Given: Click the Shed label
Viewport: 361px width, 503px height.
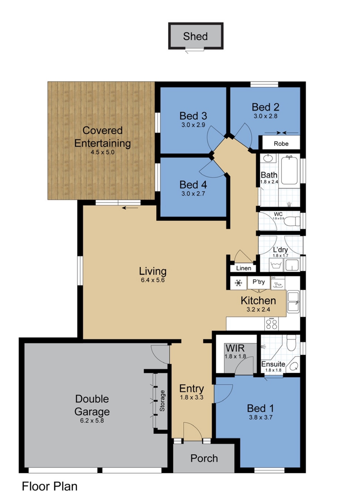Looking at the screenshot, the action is tap(195, 36).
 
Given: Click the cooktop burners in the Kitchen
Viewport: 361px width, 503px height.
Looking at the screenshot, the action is tap(271, 324).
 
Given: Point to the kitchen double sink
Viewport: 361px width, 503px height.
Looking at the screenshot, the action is tap(293, 302).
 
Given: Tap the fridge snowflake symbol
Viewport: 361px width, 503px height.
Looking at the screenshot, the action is tap(238, 283).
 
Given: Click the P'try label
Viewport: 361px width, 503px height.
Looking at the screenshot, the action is tap(259, 281).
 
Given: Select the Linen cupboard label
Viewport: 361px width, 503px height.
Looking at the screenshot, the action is tap(244, 268).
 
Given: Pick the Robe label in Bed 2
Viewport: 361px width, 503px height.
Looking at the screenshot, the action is tap(281, 144).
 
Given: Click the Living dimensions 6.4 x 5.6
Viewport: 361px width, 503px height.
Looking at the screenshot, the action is tap(153, 280).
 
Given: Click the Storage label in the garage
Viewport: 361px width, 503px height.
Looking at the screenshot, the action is tap(162, 401).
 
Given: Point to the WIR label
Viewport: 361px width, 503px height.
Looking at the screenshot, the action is tap(235, 348).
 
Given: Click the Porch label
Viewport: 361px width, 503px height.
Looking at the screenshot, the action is tap(204, 458).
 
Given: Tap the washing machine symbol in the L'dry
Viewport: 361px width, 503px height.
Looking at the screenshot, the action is tap(276, 265).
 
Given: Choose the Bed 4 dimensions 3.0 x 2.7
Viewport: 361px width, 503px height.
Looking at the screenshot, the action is tap(193, 193).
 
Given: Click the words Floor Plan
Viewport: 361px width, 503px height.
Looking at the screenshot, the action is tap(50, 486).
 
